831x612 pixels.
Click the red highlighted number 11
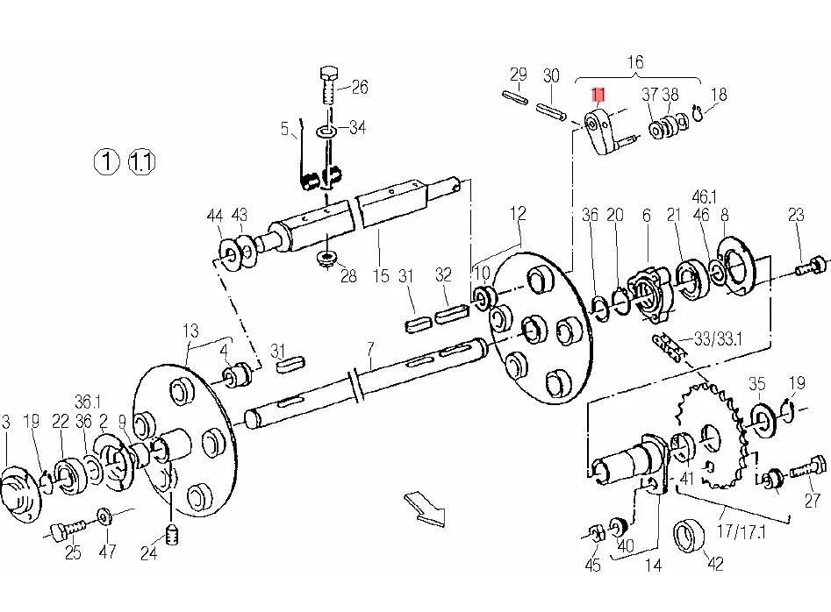(598, 94)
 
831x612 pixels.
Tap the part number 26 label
(360, 86)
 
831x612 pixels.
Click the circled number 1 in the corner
(106, 161)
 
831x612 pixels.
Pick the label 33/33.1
(717, 337)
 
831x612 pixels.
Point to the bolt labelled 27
(808, 466)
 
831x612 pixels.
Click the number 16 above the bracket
(634, 62)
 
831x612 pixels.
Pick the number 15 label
(381, 276)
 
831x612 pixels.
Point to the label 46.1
(704, 196)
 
